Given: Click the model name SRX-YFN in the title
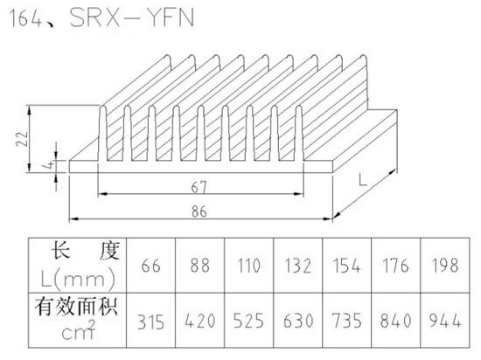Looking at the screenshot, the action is tap(132, 18).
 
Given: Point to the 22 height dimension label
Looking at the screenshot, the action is tap(23, 139).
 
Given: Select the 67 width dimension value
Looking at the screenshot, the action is tap(199, 187).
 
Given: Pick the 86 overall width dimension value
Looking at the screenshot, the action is tap(199, 211).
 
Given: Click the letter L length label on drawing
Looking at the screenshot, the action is tap(363, 179).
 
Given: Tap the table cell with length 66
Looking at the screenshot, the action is tap(150, 266).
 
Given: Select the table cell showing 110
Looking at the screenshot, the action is tap(248, 266).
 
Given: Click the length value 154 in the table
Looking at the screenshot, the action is tap(346, 266).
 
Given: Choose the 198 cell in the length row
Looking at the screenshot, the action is tap(445, 266).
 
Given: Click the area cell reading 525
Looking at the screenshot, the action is tap(248, 321).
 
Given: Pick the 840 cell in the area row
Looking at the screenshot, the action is tap(395, 321).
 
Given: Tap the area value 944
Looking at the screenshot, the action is tap(445, 321).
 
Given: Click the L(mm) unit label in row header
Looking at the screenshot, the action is tap(78, 279).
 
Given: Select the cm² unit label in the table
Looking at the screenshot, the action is tap(79, 330).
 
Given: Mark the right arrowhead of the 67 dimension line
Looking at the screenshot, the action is tap(298, 194).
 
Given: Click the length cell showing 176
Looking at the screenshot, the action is tap(395, 266).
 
